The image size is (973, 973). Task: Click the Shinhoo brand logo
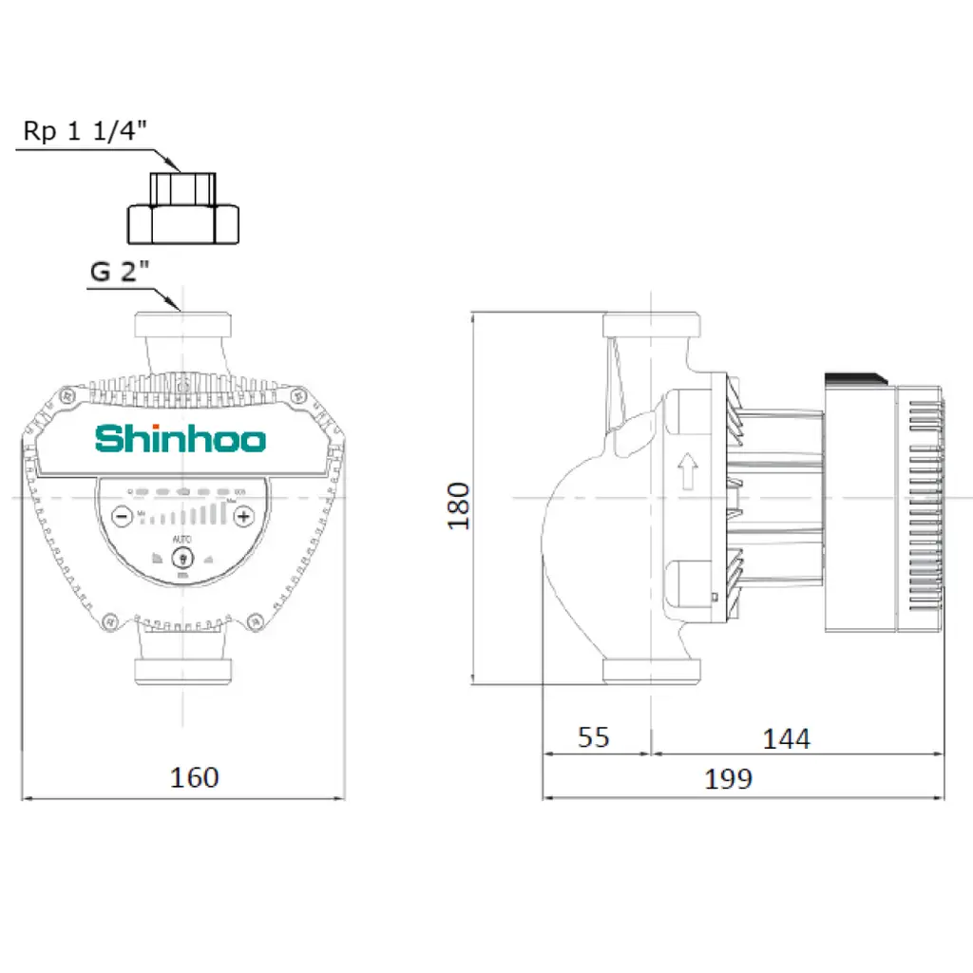[181, 439]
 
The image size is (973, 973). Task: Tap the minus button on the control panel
[121, 517]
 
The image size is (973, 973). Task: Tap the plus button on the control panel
[244, 517]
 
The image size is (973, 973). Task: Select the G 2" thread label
[120, 273]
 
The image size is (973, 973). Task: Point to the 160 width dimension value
[194, 777]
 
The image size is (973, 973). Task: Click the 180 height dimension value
[460, 506]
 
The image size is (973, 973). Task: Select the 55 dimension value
[594, 737]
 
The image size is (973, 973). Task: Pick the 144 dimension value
[787, 738]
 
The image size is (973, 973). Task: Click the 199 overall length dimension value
[729, 779]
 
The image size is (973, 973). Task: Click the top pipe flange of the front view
[182, 325]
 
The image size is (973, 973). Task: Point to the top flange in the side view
[650, 326]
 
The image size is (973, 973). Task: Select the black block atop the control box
[856, 379]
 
